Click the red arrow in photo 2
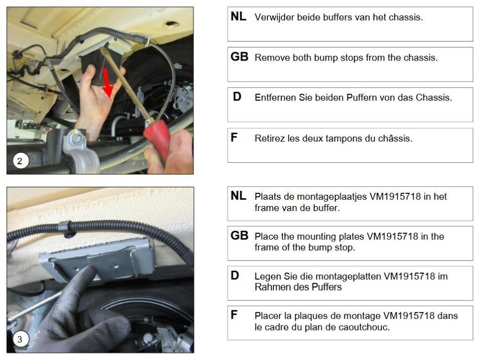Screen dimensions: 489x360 coord(107,82)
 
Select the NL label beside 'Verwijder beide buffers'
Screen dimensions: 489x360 coord(238,16)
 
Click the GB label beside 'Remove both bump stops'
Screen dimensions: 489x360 coord(239,57)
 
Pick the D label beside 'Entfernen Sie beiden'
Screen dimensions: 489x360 coord(237,97)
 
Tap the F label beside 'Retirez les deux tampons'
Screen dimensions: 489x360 coord(234,137)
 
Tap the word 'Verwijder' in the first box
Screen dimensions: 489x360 coord(274,17)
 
